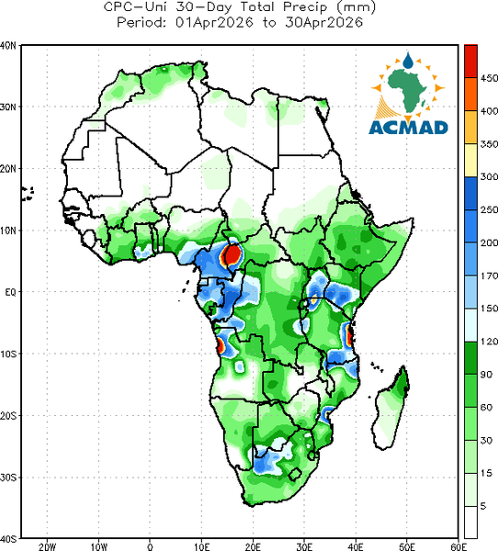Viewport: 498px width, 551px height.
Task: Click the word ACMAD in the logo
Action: pyautogui.click(x=409, y=128)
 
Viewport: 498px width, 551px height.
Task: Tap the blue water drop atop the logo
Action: pyautogui.click(x=408, y=61)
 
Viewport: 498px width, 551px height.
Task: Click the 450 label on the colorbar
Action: pyautogui.click(x=489, y=78)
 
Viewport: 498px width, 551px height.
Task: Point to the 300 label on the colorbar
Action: pyautogui.click(x=489, y=176)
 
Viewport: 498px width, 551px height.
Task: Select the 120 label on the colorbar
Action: pyautogui.click(x=489, y=342)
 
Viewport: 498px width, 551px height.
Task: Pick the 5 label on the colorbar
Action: pyautogui.click(x=483, y=506)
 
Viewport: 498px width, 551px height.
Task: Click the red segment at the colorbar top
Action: pyautogui.click(x=470, y=62)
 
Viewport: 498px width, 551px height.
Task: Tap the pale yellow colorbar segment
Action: pyautogui.click(x=470, y=160)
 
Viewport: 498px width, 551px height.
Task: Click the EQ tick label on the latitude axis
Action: pyautogui.click(x=10, y=292)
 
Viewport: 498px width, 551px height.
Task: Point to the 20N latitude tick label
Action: pyautogui.click(x=8, y=169)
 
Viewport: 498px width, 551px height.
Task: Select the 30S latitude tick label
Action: pyautogui.click(x=8, y=478)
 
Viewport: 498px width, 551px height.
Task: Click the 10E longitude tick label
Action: pyautogui.click(x=201, y=546)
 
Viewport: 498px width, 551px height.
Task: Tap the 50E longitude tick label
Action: pyautogui.click(x=407, y=546)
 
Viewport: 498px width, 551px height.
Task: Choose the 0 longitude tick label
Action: pyautogui.click(x=150, y=546)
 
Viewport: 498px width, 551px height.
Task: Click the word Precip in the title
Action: pyautogui.click(x=305, y=7)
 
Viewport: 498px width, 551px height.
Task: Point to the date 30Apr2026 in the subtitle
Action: pyautogui.click(x=324, y=23)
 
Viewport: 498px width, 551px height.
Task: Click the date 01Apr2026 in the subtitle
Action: pyautogui.click(x=214, y=23)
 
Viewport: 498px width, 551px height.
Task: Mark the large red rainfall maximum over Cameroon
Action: pyautogui.click(x=232, y=254)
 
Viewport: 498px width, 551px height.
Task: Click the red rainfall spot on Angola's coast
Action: pyautogui.click(x=221, y=345)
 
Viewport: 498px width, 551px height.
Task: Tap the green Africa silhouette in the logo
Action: pyautogui.click(x=408, y=90)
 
